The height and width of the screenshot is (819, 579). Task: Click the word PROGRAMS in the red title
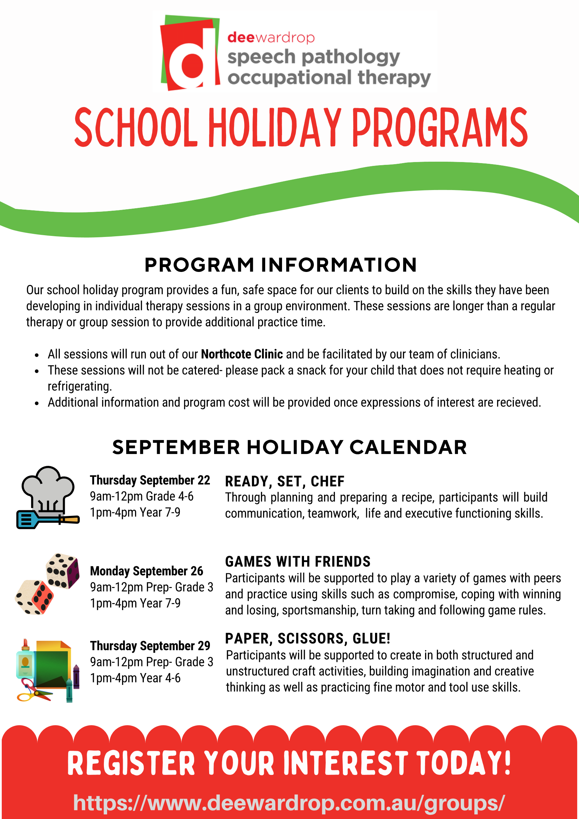(x=440, y=127)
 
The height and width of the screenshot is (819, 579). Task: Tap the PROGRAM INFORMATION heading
(x=281, y=265)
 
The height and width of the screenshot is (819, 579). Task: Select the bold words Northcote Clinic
(x=242, y=354)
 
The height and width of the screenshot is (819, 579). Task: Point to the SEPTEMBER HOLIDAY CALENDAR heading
(x=290, y=447)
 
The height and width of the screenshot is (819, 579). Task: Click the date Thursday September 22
(x=150, y=480)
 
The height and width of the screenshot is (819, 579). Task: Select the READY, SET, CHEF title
(x=284, y=481)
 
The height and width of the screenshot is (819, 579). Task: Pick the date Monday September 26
(x=146, y=571)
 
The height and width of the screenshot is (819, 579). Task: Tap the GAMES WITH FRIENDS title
(x=298, y=561)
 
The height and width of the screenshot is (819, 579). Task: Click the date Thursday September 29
(x=150, y=646)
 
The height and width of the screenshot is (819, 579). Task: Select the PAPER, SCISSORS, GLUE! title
(x=307, y=638)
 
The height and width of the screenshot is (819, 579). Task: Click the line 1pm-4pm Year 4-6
(x=135, y=678)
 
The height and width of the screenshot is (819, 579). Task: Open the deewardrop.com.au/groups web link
(x=289, y=803)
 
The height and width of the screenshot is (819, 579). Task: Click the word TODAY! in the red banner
(x=463, y=763)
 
